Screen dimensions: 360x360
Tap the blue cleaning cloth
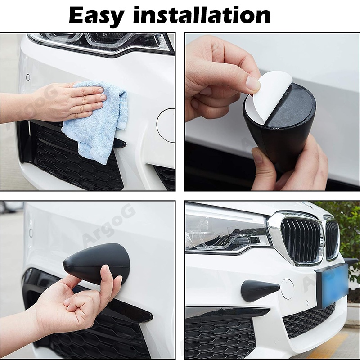coord(97,121)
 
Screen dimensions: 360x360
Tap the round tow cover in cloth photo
coord(166,125)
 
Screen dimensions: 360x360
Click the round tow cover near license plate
coord(287,288)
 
